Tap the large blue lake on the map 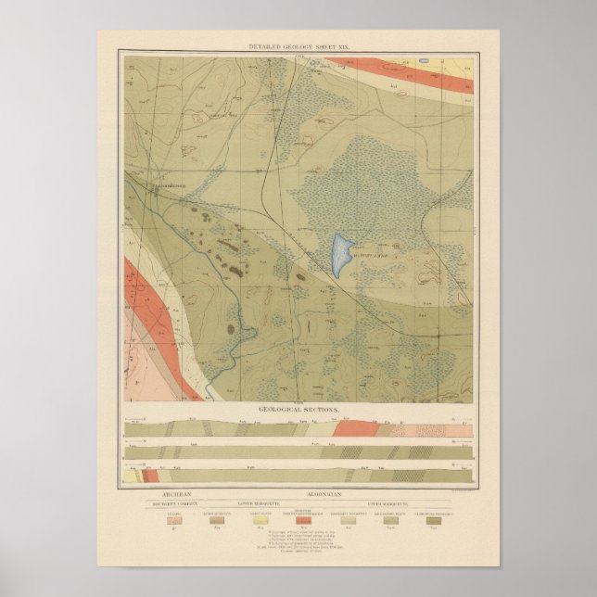339,253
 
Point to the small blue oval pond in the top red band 423,63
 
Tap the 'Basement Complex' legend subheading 175,505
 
